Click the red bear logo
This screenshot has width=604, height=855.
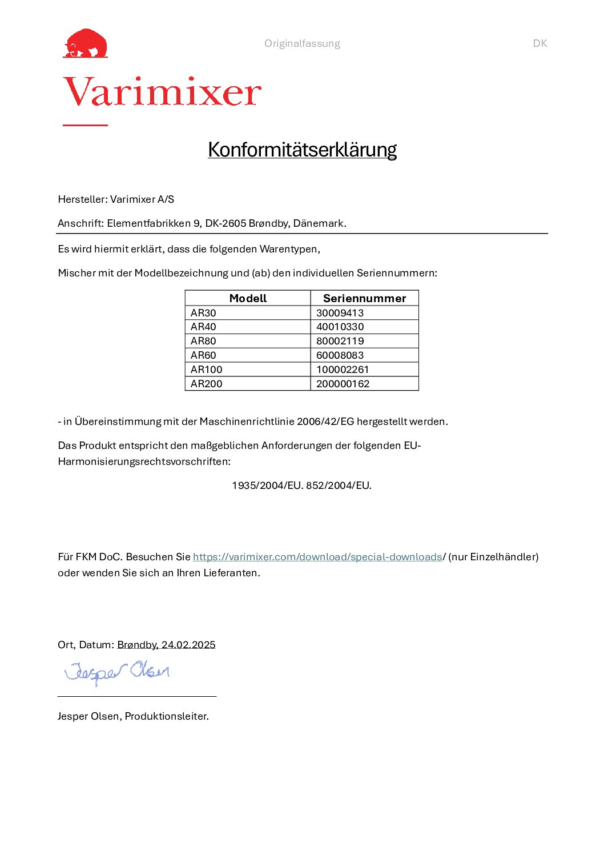click(86, 43)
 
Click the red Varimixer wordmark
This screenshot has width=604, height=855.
click(162, 93)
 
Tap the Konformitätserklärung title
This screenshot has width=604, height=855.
click(302, 150)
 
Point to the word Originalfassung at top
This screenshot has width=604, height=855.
click(302, 43)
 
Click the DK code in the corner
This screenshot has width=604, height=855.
click(539, 43)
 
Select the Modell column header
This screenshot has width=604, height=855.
click(248, 298)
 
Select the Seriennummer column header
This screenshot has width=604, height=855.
click(364, 298)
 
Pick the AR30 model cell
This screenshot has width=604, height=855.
click(204, 313)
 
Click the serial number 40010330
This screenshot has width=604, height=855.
click(340, 327)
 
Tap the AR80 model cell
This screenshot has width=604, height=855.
click(204, 341)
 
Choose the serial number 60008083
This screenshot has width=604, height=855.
click(340, 355)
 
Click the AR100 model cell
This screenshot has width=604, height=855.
click(207, 370)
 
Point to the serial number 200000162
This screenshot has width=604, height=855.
click(343, 384)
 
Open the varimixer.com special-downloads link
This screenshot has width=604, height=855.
click(317, 557)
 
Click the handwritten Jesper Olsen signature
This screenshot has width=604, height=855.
click(117, 672)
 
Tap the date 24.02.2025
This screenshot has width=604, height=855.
click(188, 645)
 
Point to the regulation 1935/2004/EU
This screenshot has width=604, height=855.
click(267, 485)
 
